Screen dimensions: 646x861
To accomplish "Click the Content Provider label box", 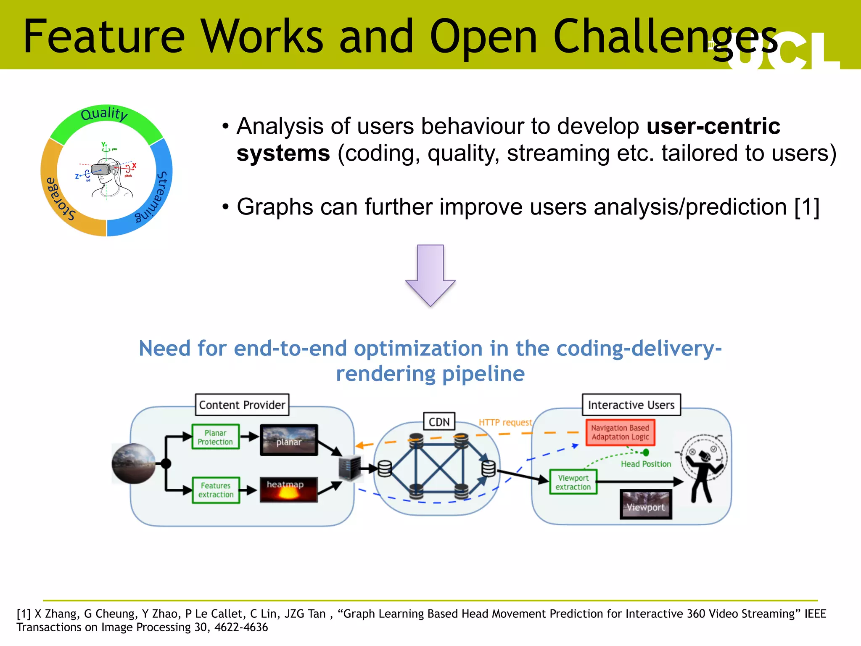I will tap(242, 405).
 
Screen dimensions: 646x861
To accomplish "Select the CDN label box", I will tap(439, 421).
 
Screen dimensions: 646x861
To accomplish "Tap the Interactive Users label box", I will tap(631, 405).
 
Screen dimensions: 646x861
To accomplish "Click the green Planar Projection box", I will tap(215, 437).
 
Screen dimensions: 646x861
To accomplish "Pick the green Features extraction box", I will tap(216, 490).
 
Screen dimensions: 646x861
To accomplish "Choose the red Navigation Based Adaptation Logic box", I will tap(620, 432).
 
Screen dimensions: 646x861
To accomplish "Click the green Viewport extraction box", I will tap(573, 482).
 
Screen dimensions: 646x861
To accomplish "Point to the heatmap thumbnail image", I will tap(288, 490).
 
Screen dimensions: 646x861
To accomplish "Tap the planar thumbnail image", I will tap(288, 440).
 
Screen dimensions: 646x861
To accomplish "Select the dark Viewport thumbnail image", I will tap(646, 504).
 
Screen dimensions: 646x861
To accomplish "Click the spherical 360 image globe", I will tap(134, 463).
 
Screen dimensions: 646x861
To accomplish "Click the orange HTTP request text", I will tap(505, 422).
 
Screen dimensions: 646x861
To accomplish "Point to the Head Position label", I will tap(646, 464).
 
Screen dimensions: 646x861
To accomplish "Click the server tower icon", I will tap(350, 468).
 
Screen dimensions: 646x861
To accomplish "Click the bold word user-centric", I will tap(713, 126).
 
